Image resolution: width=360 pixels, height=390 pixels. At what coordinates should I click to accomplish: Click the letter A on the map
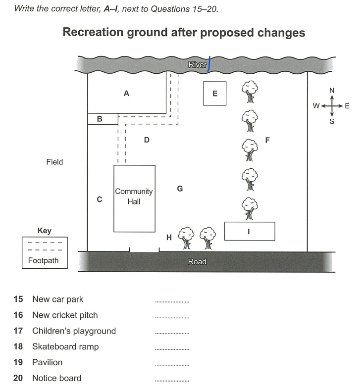(126, 94)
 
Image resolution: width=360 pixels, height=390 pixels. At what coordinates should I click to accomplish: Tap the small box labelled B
(103, 119)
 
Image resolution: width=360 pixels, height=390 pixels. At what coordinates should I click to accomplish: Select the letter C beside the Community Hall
(100, 199)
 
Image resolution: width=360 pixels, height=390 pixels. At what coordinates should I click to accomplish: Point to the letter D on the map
(147, 140)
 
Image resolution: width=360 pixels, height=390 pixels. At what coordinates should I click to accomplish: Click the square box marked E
(215, 94)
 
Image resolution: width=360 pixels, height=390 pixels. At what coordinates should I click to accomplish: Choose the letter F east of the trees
(267, 140)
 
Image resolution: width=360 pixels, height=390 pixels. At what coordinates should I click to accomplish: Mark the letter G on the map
(180, 189)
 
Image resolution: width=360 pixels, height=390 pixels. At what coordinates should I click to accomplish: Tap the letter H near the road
(169, 238)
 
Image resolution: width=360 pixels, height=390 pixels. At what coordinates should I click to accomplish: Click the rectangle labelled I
(250, 231)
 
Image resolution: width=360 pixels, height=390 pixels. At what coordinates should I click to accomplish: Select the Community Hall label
(134, 196)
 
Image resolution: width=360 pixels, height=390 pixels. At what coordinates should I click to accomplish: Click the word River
(198, 65)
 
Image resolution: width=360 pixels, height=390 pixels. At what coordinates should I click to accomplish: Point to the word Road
(197, 262)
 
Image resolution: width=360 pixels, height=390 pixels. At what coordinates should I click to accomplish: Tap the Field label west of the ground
(54, 162)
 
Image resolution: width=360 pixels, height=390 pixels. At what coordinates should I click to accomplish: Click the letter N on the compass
(332, 91)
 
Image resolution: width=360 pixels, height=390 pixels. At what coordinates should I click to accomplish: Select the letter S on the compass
(332, 121)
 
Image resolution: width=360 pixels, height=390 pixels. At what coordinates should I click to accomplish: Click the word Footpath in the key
(43, 260)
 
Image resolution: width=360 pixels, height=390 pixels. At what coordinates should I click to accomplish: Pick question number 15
(18, 299)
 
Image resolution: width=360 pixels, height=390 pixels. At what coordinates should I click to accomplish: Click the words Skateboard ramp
(65, 347)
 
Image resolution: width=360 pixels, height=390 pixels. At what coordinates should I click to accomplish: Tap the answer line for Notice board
(172, 381)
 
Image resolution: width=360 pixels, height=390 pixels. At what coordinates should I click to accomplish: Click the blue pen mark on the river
(209, 64)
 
